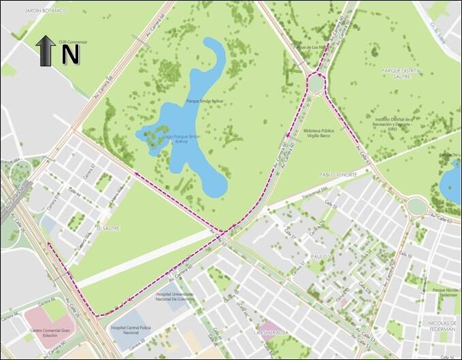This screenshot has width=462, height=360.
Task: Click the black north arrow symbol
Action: point(46,50)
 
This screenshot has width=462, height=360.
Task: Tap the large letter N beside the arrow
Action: point(71,54)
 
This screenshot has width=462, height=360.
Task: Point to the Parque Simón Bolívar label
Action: point(205,101)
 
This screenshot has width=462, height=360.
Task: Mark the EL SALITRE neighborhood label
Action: point(108,229)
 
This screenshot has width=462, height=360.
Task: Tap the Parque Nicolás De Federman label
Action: point(444,293)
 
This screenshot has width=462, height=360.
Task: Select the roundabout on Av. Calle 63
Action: point(416,206)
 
